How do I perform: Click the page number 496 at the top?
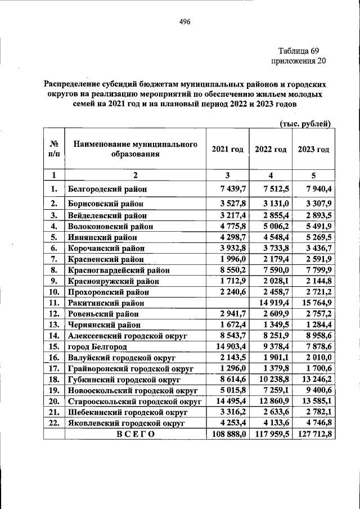coord(185,22)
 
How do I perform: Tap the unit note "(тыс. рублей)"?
coord(305,123)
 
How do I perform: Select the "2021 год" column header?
coord(227,149)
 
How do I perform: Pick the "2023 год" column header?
coord(313,149)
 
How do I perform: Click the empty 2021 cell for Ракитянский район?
coord(227,303)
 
